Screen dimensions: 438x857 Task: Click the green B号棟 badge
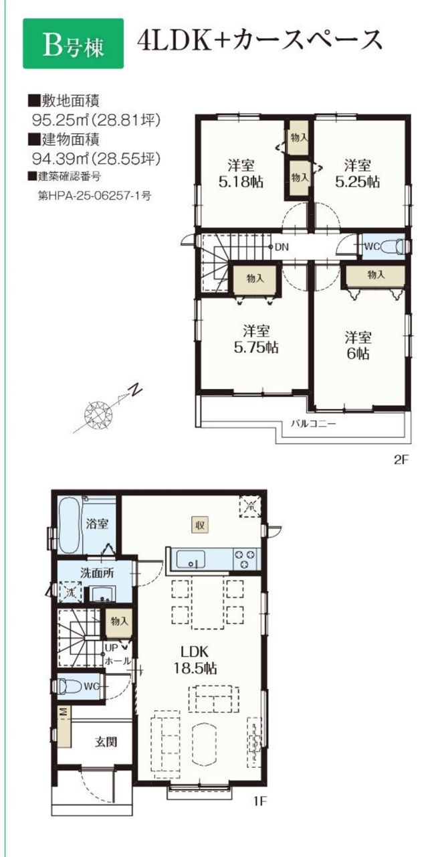pos(73,44)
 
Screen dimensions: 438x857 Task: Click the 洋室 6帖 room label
pos(358,346)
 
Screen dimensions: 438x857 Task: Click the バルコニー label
pos(314,424)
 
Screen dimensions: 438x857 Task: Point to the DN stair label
pos(282,247)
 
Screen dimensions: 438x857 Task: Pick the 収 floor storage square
pos(200,524)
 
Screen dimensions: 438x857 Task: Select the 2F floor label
pos(401,459)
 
